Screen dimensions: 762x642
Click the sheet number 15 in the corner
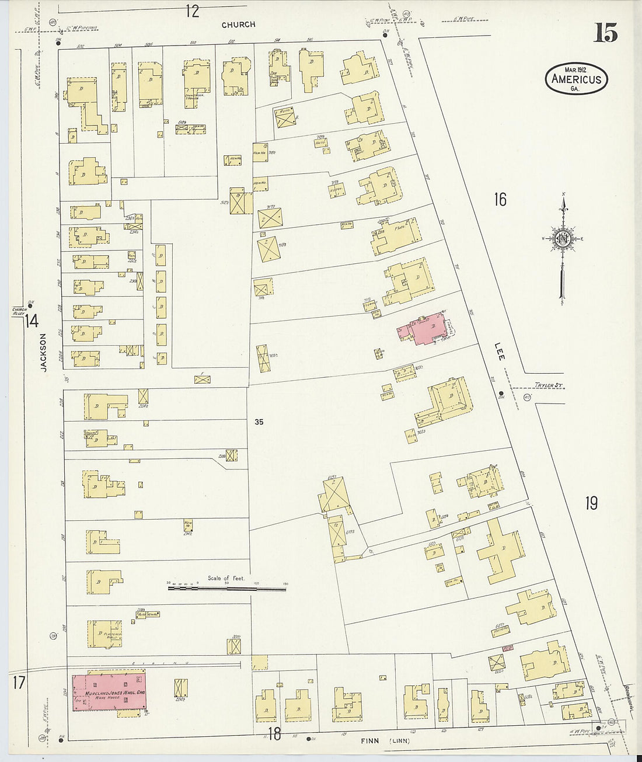click(606, 33)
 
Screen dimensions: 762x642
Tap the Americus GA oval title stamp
click(577, 79)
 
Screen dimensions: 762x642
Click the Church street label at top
click(238, 25)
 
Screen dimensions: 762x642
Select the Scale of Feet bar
click(227, 588)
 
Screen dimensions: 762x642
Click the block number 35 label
click(259, 421)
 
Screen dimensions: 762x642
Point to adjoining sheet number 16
click(500, 200)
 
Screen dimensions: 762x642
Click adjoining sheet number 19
click(591, 503)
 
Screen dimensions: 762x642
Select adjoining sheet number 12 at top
click(193, 10)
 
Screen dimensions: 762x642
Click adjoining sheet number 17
click(19, 681)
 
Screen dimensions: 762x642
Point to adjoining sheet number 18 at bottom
click(274, 734)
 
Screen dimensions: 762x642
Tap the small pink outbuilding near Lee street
click(507, 648)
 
